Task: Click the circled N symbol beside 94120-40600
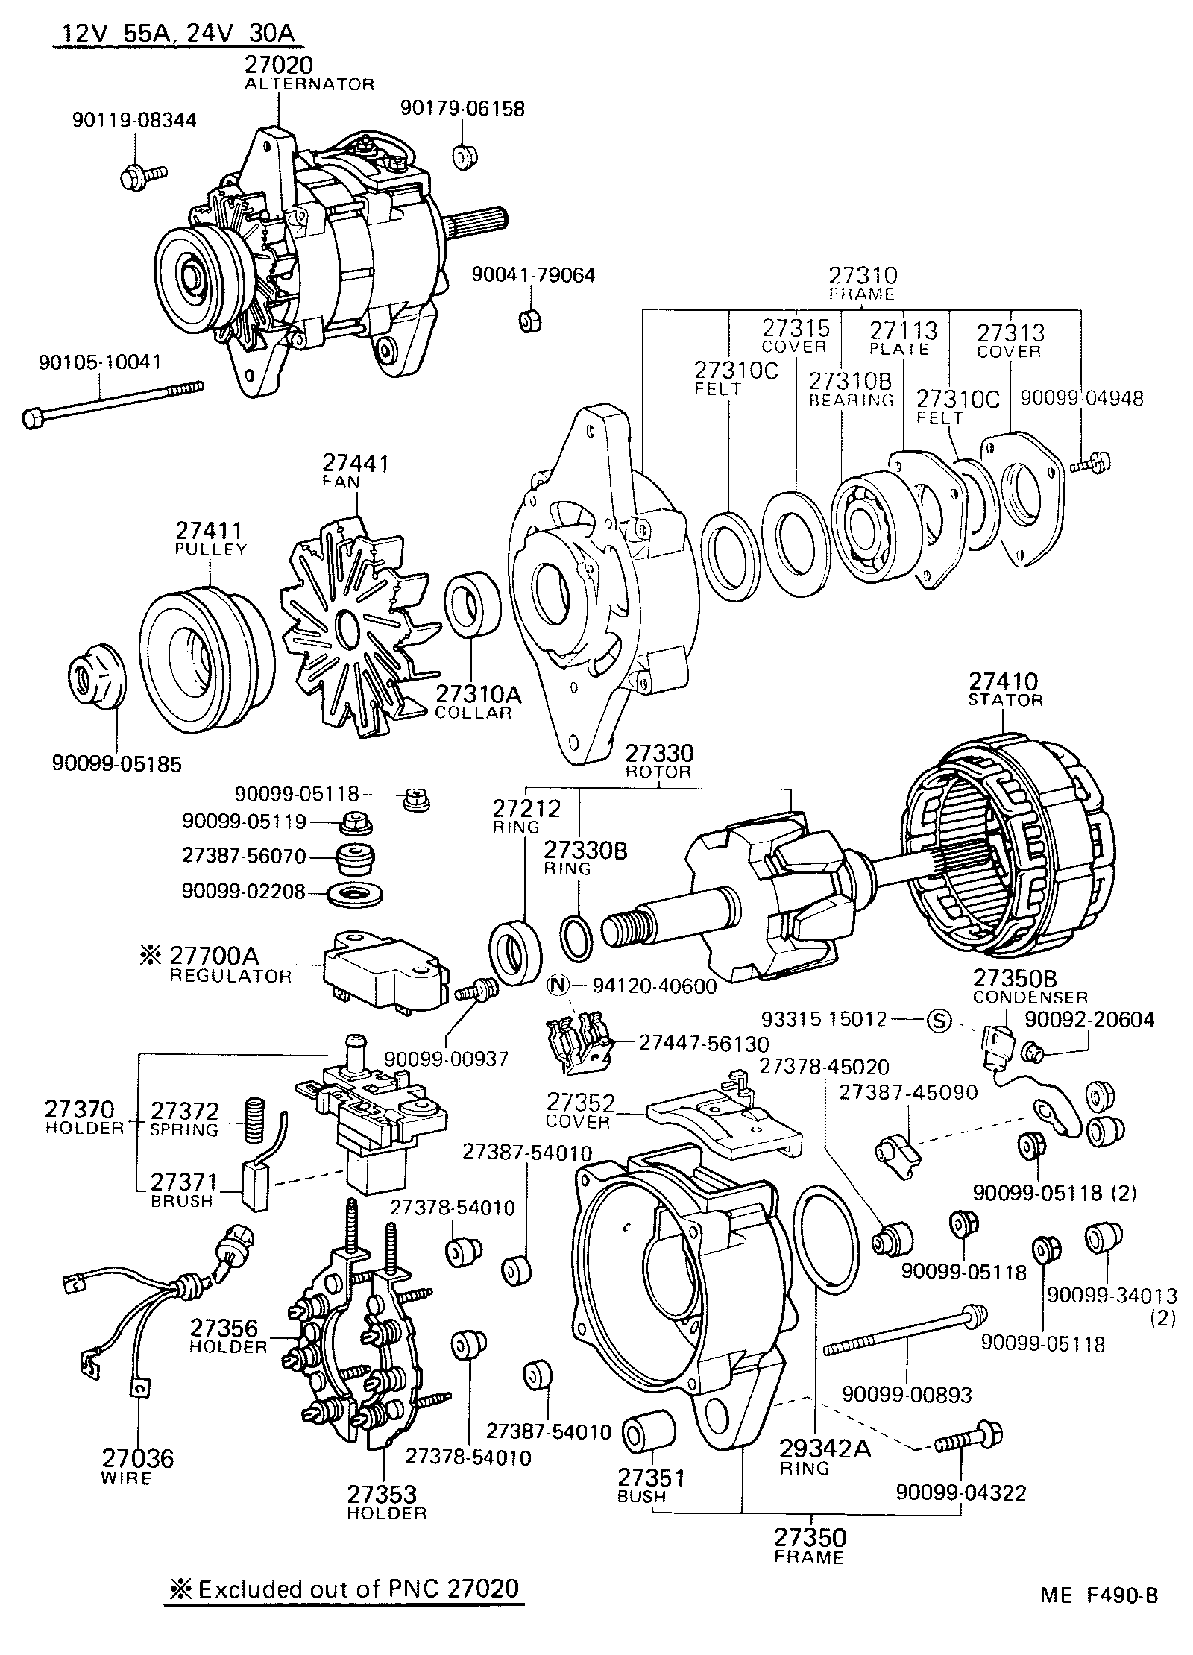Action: click(x=558, y=986)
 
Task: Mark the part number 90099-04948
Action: click(x=1081, y=398)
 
